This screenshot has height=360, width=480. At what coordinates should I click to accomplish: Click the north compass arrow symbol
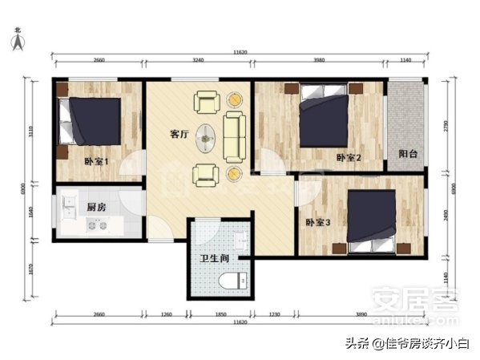click(18, 41)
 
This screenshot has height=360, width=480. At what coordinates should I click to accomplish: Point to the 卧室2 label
click(349, 158)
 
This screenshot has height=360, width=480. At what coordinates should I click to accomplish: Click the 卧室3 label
click(318, 222)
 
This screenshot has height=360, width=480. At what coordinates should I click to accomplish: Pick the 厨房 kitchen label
click(98, 207)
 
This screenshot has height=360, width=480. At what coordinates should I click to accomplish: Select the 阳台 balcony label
click(407, 154)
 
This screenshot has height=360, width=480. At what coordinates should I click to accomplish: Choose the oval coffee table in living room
click(207, 137)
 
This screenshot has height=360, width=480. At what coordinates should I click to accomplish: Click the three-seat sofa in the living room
click(234, 136)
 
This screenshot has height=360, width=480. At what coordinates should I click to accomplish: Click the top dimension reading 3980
click(320, 61)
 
